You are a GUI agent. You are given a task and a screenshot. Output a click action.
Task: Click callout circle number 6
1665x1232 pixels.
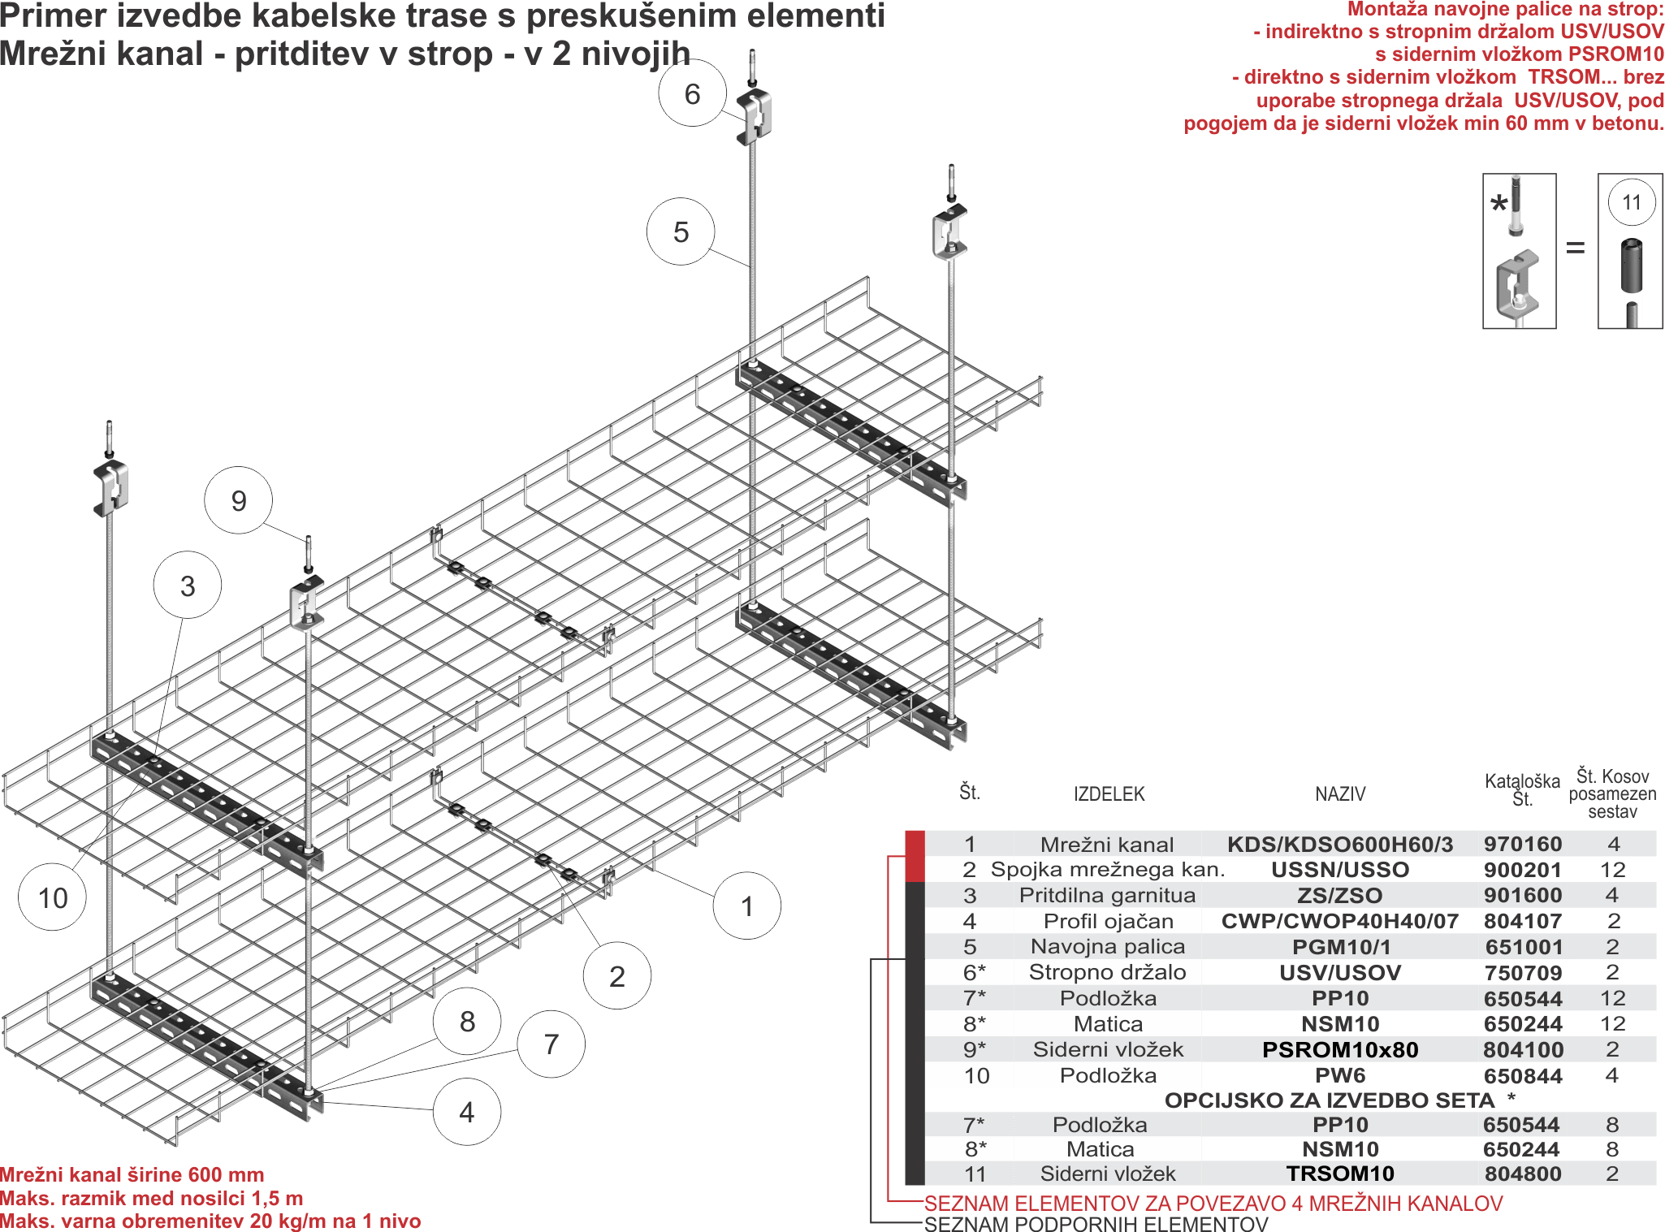tap(692, 93)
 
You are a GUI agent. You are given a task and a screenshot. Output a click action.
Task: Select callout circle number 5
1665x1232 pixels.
tap(681, 231)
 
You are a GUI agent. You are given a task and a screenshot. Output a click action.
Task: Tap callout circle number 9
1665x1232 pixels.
tap(238, 500)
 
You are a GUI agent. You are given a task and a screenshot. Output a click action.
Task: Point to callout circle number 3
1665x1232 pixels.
tap(188, 586)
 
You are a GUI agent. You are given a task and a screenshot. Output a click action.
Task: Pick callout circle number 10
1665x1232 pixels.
tap(53, 897)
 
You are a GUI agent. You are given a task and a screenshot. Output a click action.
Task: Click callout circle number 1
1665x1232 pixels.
tap(747, 906)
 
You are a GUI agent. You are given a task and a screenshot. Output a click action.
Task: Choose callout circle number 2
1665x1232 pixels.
tap(617, 976)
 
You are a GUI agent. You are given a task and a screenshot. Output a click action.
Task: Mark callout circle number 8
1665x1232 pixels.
tap(467, 1022)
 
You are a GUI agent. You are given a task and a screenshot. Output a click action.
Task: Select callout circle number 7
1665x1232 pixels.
tap(551, 1044)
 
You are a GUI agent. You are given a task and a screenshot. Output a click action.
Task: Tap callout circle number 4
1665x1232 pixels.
tap(467, 1112)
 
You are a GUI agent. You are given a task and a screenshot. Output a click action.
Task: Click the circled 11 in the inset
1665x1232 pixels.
tap(1631, 202)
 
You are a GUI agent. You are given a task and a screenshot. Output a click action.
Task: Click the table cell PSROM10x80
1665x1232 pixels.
tap(1340, 1049)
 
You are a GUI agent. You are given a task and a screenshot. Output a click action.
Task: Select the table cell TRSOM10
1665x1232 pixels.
tap(1340, 1174)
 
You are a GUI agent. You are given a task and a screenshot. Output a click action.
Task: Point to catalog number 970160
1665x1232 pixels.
tap(1523, 844)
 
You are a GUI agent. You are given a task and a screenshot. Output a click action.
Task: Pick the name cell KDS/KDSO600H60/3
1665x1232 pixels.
tap(1340, 844)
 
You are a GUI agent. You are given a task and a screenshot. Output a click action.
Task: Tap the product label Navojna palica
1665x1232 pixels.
tap(1108, 946)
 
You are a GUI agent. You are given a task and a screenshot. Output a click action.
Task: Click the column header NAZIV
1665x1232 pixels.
tap(1340, 793)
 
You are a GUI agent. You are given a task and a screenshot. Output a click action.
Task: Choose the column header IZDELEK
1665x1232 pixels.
tap(1109, 793)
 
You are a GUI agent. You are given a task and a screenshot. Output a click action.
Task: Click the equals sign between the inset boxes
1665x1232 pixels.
tap(1576, 247)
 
